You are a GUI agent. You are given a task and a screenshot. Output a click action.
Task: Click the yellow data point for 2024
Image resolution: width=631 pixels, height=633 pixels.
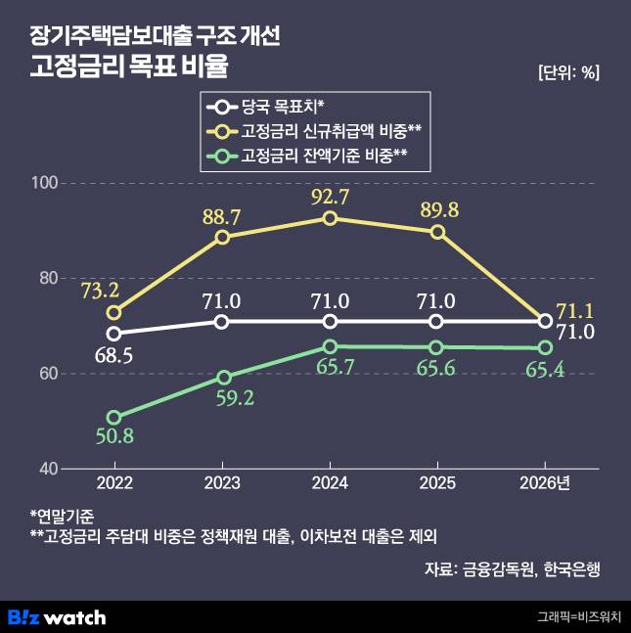pos(330,218)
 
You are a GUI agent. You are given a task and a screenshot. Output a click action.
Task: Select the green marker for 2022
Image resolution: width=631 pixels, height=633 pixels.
pos(114,418)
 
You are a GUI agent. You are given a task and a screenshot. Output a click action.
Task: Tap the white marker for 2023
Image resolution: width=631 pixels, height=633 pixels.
pos(222,322)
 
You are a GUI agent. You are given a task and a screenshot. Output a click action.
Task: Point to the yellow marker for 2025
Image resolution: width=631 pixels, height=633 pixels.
pos(437,232)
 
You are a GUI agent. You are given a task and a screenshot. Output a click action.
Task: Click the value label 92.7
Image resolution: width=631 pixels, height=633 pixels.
pos(330,195)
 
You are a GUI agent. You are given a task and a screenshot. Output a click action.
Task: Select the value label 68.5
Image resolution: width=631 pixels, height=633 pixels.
pos(114,352)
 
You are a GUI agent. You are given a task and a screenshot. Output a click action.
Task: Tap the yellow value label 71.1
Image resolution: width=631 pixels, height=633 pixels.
pos(573,311)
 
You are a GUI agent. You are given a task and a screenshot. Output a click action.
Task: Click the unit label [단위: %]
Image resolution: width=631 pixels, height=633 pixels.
pos(568,72)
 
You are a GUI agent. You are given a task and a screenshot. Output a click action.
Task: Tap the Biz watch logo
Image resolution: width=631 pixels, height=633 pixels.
pos(56,616)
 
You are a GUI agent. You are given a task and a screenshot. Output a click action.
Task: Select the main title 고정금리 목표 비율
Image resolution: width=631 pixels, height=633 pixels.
pos(128,69)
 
